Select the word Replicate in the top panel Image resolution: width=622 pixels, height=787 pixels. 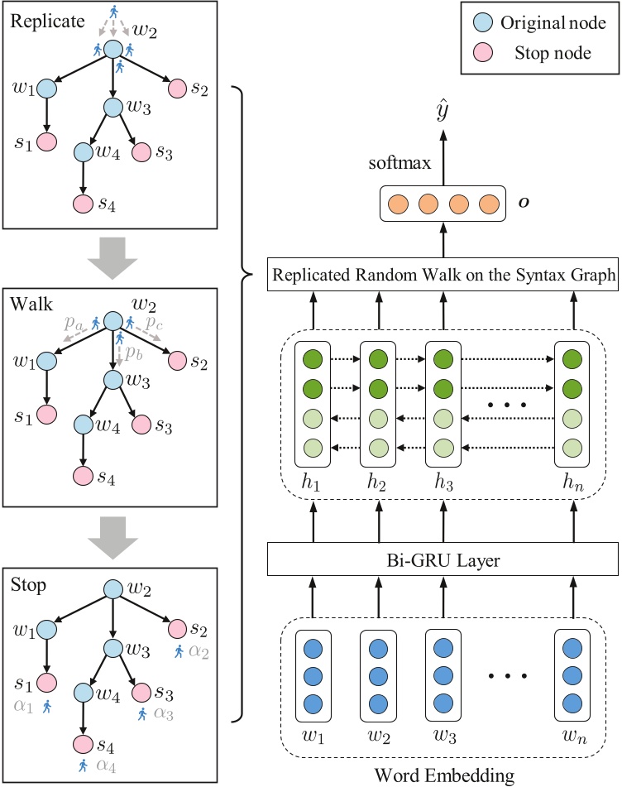41,17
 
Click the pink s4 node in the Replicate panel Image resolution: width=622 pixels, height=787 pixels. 81,204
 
